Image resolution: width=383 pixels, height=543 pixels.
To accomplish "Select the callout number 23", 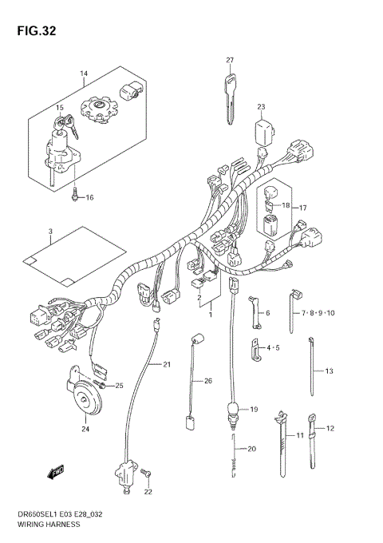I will point(261,107).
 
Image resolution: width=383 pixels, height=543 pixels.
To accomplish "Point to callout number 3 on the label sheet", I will point(49,232).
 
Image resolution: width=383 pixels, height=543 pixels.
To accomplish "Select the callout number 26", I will point(208,380).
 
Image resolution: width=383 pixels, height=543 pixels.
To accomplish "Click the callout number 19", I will point(254,409).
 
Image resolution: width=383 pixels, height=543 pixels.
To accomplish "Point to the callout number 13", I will point(328,371).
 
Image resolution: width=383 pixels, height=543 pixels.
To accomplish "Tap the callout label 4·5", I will point(273,348).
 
